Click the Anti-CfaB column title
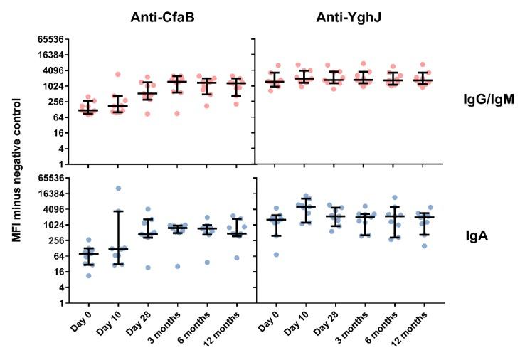click(x=163, y=16)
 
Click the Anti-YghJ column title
click(x=344, y=16)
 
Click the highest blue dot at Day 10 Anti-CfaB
click(x=118, y=189)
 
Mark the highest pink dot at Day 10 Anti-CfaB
click(x=118, y=75)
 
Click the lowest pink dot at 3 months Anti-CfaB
click(x=177, y=113)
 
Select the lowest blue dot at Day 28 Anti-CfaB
click(x=147, y=268)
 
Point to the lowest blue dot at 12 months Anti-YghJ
click(x=424, y=246)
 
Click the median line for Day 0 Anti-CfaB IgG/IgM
click(x=88, y=110)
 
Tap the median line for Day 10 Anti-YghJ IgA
click(x=306, y=206)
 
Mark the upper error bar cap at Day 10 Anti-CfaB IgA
click(x=118, y=211)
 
